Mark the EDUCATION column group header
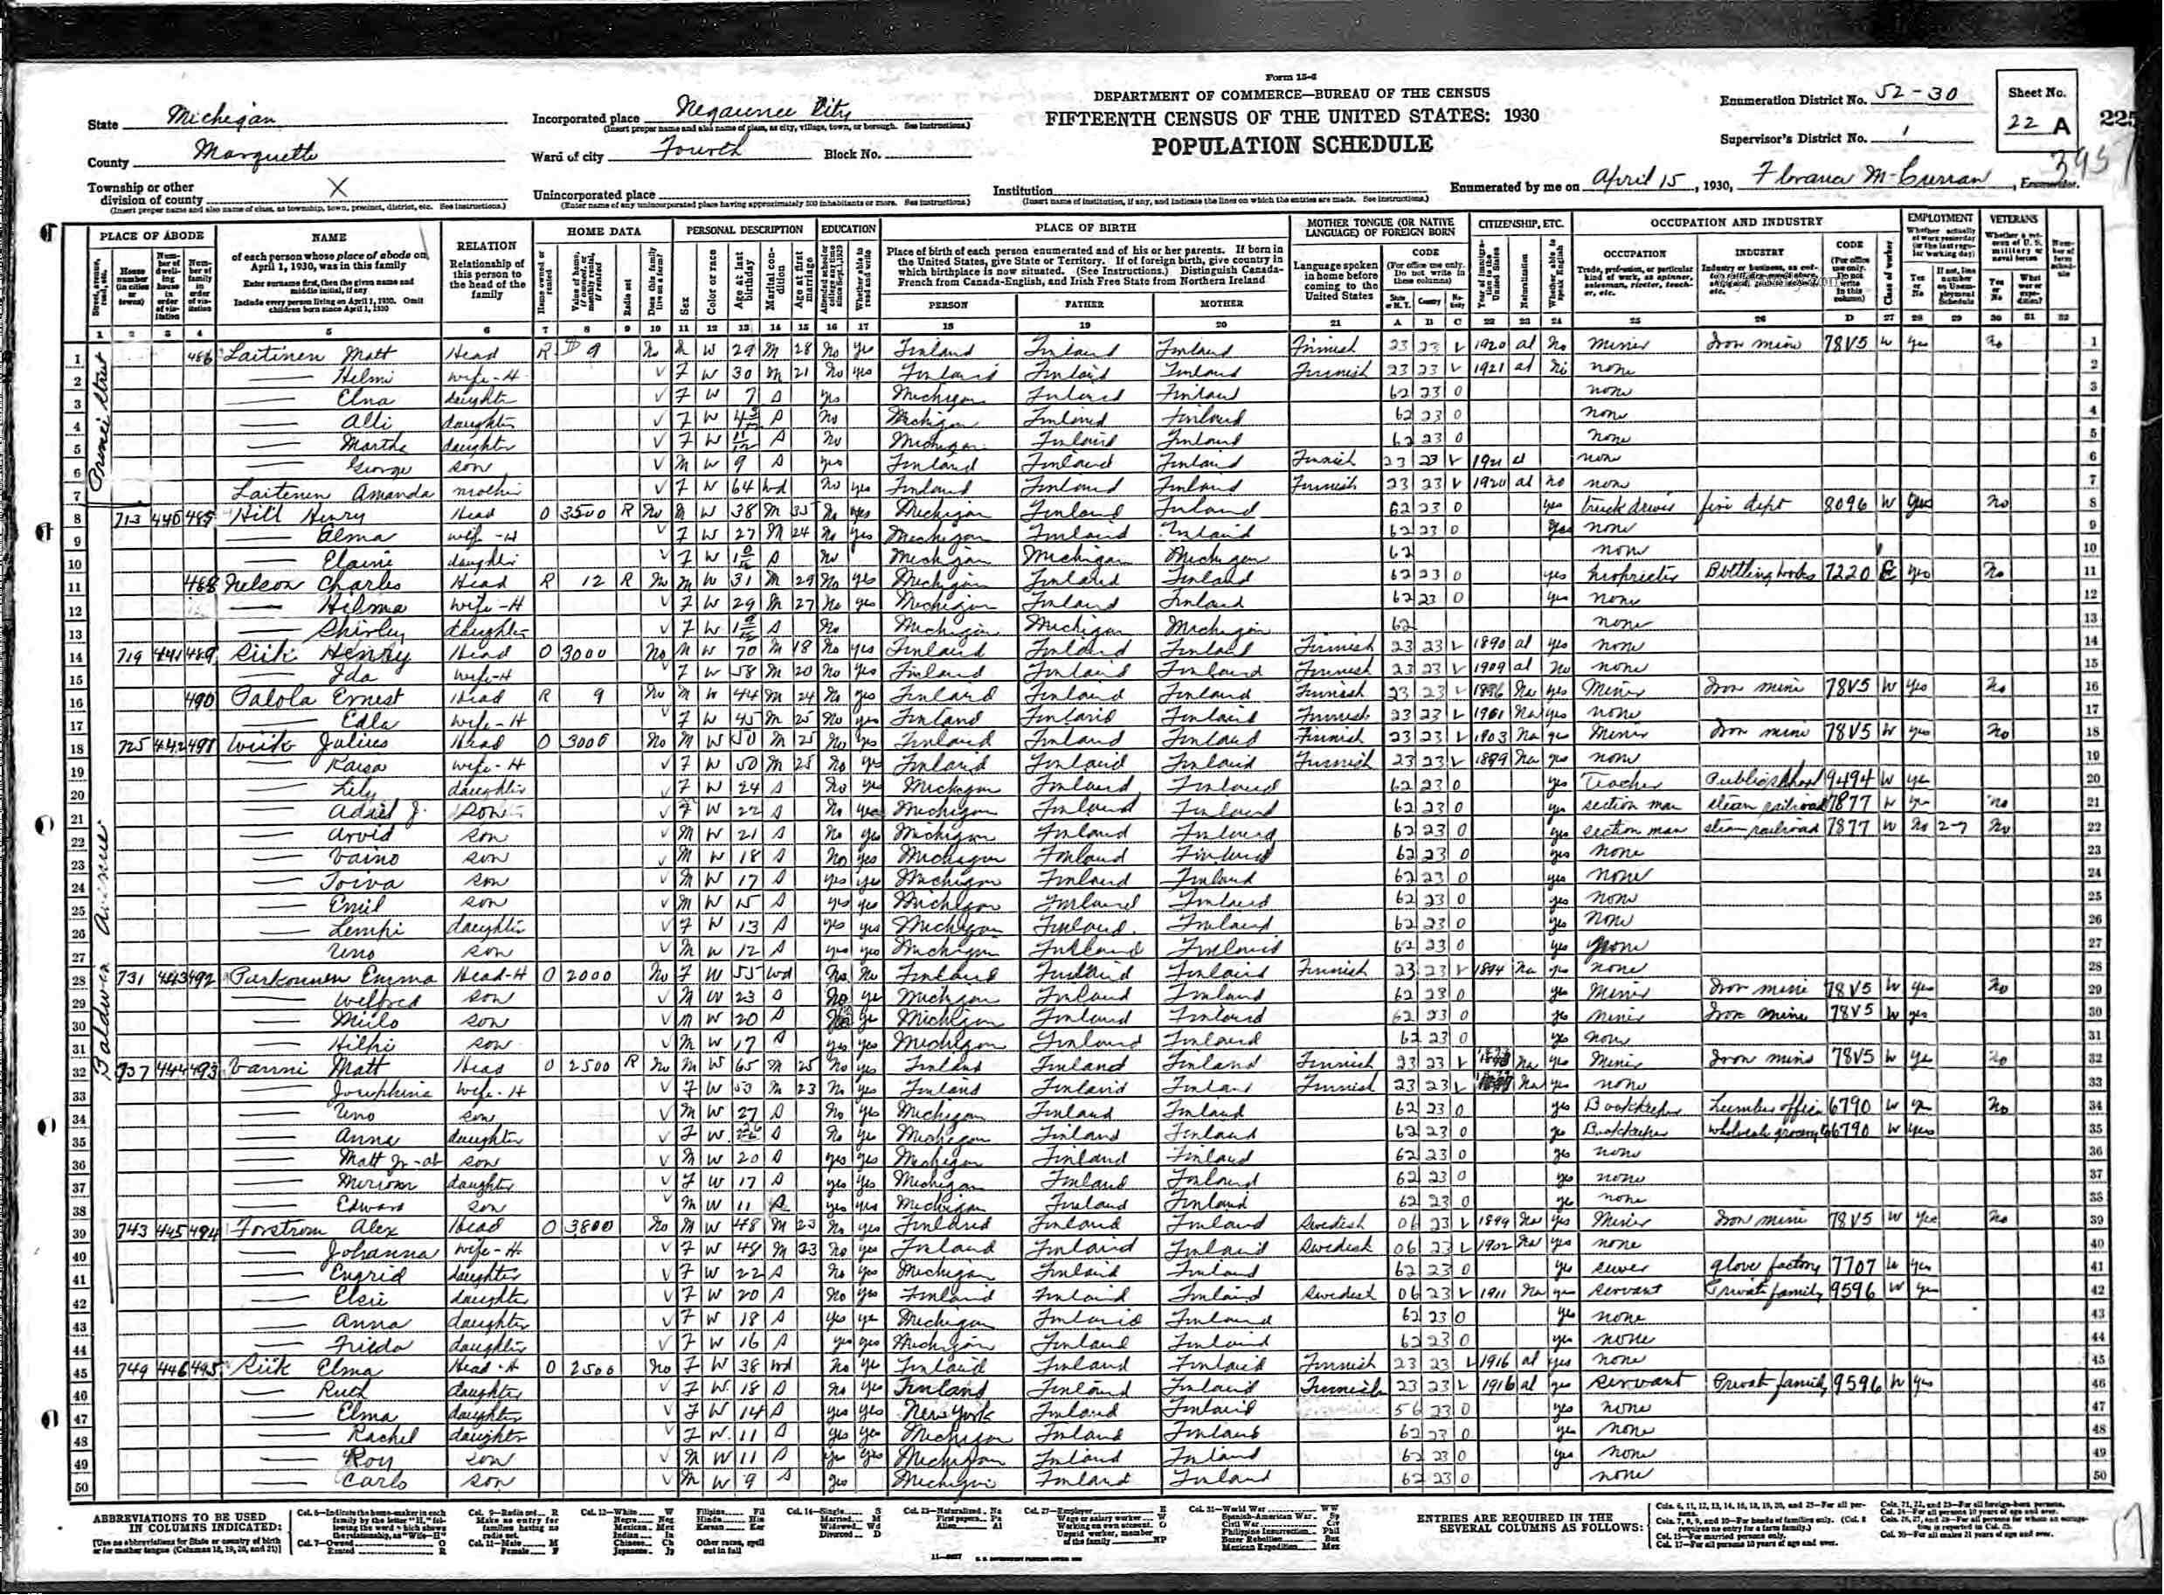click(849, 230)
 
